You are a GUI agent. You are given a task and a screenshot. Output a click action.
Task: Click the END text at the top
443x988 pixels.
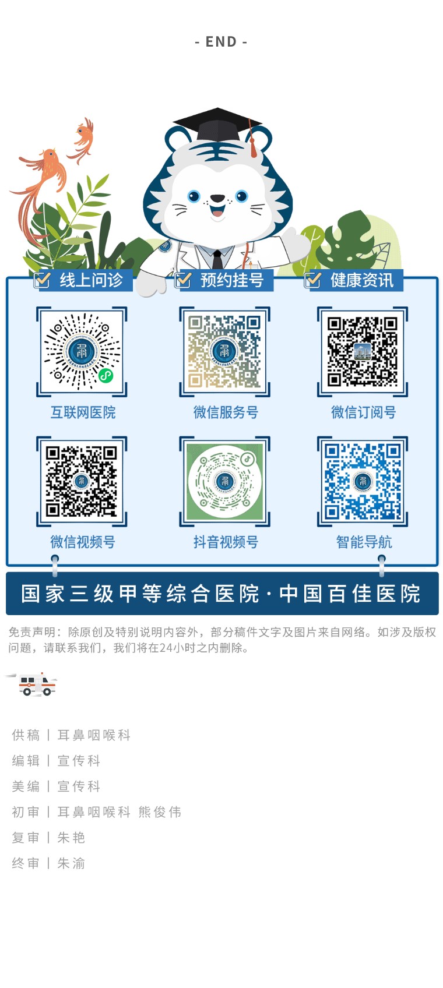coord(221,42)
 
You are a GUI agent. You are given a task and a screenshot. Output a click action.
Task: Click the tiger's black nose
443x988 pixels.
coord(217,198)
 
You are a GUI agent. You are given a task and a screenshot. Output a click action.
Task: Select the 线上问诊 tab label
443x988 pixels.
coord(92,280)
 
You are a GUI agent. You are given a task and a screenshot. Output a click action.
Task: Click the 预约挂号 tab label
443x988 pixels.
coord(232,280)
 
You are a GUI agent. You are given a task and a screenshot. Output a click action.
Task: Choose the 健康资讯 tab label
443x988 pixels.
coord(362,280)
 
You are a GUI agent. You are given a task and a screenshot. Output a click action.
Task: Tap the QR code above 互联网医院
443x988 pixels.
coord(82,351)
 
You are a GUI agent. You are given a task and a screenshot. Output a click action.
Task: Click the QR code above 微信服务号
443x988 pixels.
coord(224,351)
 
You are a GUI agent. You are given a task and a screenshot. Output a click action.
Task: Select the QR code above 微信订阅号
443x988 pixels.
coord(362,351)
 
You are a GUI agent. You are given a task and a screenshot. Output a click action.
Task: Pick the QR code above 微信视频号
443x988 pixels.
coord(82,481)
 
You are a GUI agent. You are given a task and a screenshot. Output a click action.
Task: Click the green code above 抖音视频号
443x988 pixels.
coord(224,481)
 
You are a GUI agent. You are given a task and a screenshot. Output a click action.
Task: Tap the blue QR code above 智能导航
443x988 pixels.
coord(362,481)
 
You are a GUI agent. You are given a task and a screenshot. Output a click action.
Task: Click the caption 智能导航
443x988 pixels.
coord(364,542)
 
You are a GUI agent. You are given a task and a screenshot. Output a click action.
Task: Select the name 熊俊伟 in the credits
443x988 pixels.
coord(160,812)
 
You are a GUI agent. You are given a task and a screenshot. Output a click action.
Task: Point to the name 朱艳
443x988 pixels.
coord(71,838)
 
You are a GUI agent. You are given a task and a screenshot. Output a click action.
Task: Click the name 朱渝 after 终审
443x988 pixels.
coord(71,863)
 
